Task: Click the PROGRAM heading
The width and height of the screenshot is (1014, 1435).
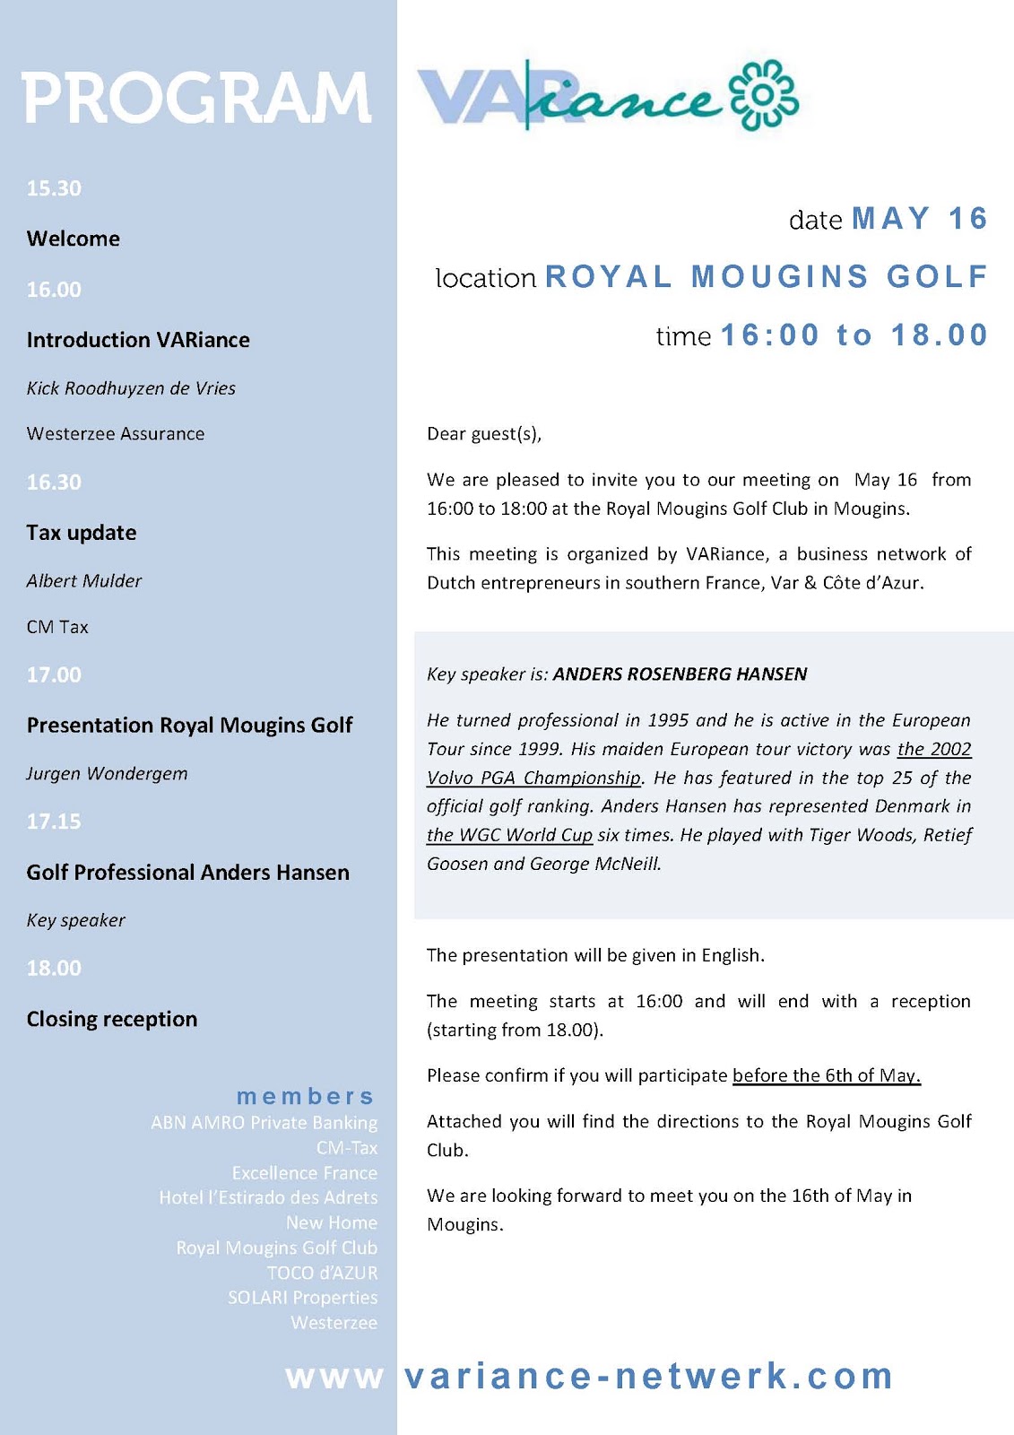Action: click(x=196, y=98)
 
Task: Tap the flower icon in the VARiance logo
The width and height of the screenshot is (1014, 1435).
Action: click(x=763, y=95)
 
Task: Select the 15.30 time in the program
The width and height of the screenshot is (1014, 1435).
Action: click(x=54, y=188)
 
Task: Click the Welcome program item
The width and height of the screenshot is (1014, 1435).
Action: click(x=74, y=239)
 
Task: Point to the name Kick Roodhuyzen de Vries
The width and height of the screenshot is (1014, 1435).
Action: click(x=131, y=388)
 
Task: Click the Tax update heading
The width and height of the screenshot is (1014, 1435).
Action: click(x=82, y=533)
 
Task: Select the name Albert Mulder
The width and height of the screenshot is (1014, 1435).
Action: click(x=84, y=581)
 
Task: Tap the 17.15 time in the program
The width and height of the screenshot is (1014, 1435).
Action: click(x=54, y=822)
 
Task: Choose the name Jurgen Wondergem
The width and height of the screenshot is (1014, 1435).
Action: click(x=108, y=774)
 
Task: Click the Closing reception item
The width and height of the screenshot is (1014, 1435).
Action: click(x=112, y=1019)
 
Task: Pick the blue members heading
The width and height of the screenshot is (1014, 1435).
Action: click(x=305, y=1096)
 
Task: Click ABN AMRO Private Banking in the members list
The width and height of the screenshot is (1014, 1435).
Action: click(x=264, y=1123)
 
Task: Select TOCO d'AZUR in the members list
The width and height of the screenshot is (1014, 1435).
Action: click(x=323, y=1273)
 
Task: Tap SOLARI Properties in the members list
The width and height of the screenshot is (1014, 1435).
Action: click(x=303, y=1298)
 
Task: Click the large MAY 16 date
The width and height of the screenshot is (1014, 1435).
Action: click(x=919, y=219)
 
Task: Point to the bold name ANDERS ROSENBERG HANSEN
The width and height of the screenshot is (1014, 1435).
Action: click(x=680, y=674)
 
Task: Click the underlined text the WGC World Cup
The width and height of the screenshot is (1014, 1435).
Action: click(x=509, y=835)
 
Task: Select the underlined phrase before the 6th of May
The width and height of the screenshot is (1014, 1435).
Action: click(x=827, y=1075)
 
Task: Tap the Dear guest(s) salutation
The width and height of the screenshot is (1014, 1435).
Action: click(x=484, y=434)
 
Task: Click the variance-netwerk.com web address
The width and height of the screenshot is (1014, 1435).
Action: click(x=648, y=1376)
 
